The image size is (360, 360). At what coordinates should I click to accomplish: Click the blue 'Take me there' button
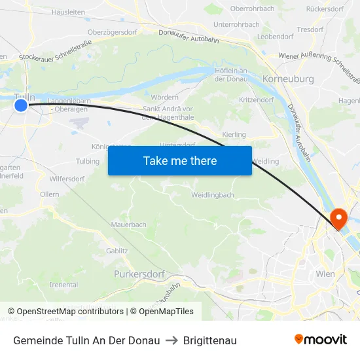[180, 160]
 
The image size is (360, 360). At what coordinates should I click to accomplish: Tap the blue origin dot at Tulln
[21, 105]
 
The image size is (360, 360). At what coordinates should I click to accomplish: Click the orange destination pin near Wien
[339, 219]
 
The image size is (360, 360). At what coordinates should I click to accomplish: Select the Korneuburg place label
[287, 79]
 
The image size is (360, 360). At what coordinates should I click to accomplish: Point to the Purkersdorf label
[139, 274]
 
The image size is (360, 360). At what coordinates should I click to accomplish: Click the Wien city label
[325, 274]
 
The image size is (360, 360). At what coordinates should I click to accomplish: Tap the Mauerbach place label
[128, 225]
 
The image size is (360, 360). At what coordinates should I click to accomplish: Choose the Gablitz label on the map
[117, 251]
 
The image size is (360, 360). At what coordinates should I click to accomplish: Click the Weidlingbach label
[212, 195]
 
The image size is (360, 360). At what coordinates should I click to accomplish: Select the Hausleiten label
[68, 12]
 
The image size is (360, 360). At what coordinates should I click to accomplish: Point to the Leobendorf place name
[275, 37]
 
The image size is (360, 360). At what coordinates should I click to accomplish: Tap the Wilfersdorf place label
[67, 179]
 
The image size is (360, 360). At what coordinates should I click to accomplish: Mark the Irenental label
[63, 285]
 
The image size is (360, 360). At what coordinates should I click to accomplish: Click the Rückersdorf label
[325, 9]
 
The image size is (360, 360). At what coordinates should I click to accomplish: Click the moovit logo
[320, 340]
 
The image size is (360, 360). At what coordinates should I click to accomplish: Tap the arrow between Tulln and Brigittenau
[172, 340]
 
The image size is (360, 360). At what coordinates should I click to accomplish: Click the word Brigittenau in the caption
[210, 340]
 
